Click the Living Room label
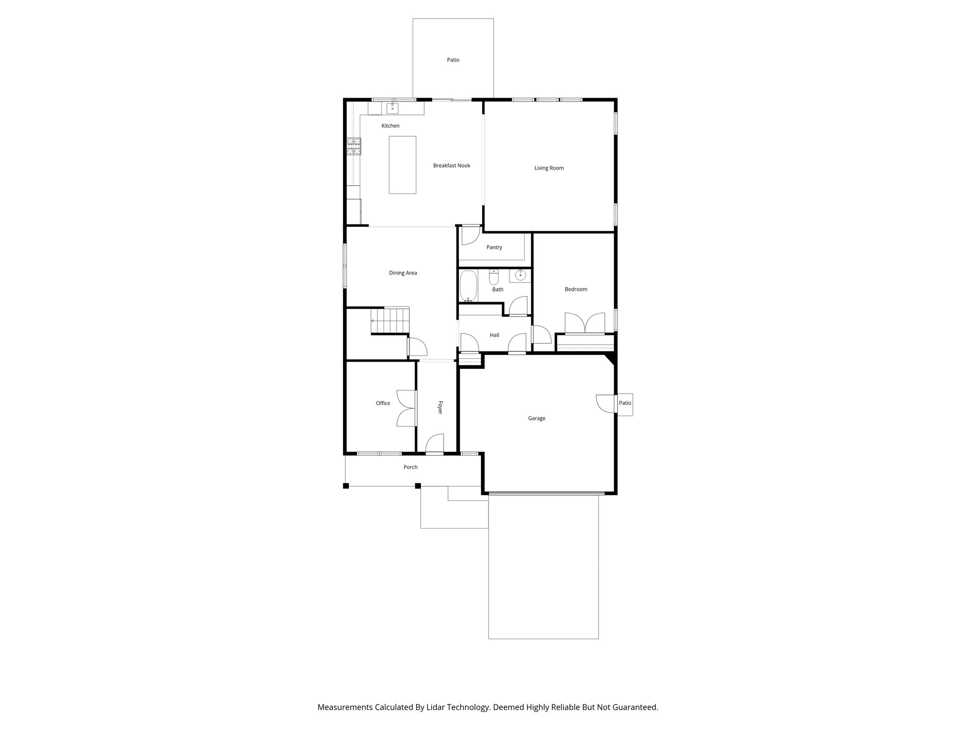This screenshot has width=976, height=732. click(549, 168)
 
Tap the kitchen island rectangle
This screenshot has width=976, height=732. click(402, 164)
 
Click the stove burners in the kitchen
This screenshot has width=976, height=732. click(354, 146)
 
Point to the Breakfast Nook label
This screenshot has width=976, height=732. click(451, 165)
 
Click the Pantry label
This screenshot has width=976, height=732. click(494, 247)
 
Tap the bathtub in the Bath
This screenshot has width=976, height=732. click(468, 286)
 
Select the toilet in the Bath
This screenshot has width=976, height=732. click(494, 277)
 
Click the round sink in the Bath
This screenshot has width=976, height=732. click(521, 275)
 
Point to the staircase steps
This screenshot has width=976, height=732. click(390, 320)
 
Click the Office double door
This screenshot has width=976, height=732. click(407, 408)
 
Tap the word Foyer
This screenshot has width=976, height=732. click(440, 407)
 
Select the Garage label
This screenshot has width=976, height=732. click(536, 418)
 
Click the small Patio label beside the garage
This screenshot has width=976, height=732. click(625, 403)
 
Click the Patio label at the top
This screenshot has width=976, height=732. click(453, 60)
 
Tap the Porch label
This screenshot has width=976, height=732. click(410, 467)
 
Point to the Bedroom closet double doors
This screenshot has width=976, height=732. click(585, 323)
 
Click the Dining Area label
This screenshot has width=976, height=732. click(403, 273)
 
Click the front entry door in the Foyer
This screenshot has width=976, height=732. click(434, 444)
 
